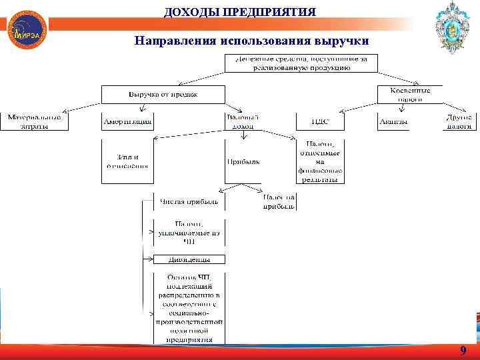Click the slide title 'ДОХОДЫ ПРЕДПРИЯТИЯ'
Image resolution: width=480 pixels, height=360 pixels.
point(240,11)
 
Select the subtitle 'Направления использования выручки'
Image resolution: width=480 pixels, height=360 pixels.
point(251,41)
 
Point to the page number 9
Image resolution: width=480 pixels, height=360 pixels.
point(463,351)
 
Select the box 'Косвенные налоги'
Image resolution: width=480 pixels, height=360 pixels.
point(410,95)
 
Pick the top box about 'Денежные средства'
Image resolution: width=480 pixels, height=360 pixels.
point(301,63)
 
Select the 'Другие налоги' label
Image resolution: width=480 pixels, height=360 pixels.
point(459,121)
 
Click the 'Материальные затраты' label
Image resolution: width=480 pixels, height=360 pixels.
point(34,121)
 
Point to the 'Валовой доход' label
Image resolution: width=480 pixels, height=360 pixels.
point(243,121)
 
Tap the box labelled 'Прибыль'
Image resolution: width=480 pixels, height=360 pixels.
point(243,161)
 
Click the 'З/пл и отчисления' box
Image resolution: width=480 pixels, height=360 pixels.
point(127,161)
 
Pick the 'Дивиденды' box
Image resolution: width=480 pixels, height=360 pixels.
point(189,259)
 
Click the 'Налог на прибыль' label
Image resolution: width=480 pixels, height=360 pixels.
point(279,201)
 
